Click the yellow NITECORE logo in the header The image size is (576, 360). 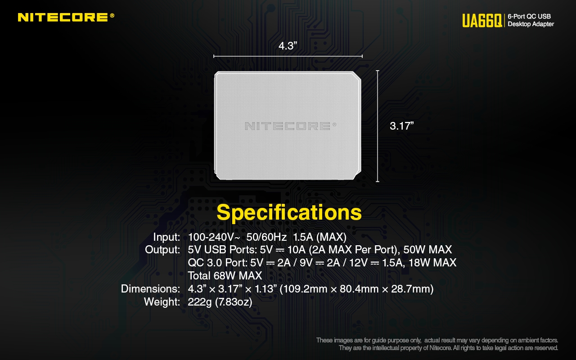(66, 17)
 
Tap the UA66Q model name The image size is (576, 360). (482, 21)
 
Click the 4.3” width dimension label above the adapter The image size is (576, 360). (288, 46)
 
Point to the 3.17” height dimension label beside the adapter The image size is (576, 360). (402, 126)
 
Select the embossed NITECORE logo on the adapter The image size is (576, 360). (291, 126)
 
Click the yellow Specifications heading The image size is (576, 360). (289, 212)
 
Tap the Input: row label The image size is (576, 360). (166, 237)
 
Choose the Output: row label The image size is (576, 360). (162, 250)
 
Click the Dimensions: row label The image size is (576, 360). (150, 289)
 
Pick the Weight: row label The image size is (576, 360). (162, 302)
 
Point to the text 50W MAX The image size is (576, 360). (427, 250)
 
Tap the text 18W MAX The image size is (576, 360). (432, 262)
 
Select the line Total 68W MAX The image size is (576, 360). (225, 276)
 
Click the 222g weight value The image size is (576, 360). (200, 302)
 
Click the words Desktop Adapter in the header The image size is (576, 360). (531, 24)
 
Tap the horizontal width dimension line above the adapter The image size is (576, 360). (288, 56)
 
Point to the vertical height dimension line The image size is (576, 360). (378, 126)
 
